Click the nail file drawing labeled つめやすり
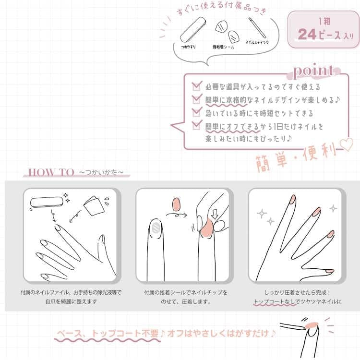pyautogui.click(x=193, y=29)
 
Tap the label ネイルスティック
pyautogui.click(x=257, y=42)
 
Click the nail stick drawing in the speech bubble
pyautogui.click(x=257, y=28)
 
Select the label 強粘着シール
pyautogui.click(x=223, y=47)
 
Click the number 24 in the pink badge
pyautogui.click(x=307, y=35)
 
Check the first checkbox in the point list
pyautogui.click(x=197, y=86)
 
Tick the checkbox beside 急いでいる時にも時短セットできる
pyautogui.click(x=197, y=112)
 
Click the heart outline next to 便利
pyautogui.click(x=347, y=144)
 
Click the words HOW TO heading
pyautogui.click(x=51, y=172)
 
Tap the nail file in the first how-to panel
pyautogui.click(x=47, y=202)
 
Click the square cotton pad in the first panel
pyautogui.click(x=94, y=206)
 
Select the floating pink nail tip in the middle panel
pyautogui.click(x=176, y=204)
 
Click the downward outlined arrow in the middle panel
pyautogui.click(x=215, y=214)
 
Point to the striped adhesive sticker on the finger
pyautogui.click(x=156, y=228)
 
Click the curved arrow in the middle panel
pyautogui.click(x=176, y=215)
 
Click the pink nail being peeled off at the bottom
pyautogui.click(x=312, y=325)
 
